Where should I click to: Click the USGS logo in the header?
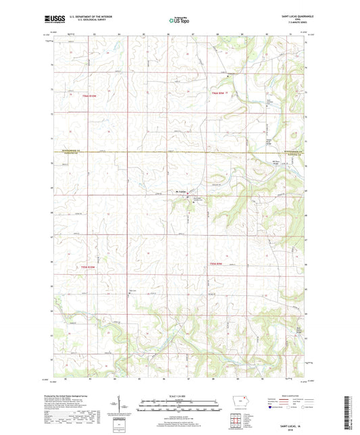[x=52, y=20]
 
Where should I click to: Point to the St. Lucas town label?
[x=181, y=192]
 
